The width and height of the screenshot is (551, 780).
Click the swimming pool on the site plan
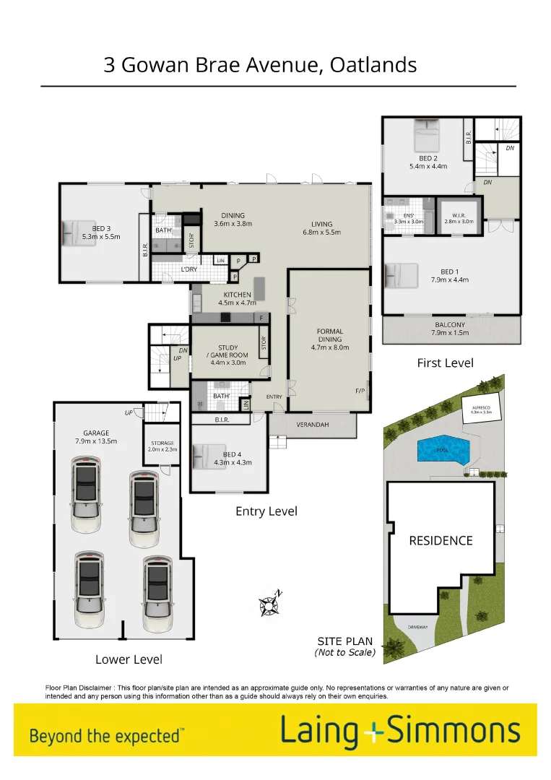(443, 450)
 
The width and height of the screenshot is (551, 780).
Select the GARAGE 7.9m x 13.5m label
(96, 437)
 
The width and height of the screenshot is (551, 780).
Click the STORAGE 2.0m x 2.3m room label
(163, 446)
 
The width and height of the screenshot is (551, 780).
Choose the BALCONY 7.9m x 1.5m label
(450, 329)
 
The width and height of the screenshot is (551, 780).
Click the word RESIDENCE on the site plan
(441, 540)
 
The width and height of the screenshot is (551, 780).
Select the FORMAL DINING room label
(329, 339)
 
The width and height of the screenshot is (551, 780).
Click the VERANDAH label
(313, 425)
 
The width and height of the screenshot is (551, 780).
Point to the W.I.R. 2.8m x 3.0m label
(459, 217)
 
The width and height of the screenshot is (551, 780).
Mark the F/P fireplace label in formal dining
(360, 391)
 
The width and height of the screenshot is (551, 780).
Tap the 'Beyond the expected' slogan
(106, 736)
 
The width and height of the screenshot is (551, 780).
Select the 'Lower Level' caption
(129, 659)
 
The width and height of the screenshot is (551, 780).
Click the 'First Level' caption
(445, 363)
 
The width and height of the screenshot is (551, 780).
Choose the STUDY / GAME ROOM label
(227, 355)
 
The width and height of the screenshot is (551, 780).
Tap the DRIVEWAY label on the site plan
(417, 627)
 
